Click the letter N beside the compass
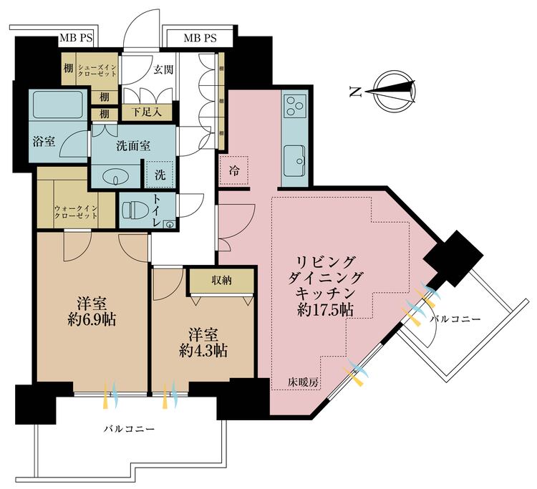coord(355,92)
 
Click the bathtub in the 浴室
coord(57,105)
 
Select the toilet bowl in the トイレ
coord(131,209)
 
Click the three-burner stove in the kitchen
coord(296,106)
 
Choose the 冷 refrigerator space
coord(234,170)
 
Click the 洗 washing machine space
coord(160,174)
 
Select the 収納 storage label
coord(221,281)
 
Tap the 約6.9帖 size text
coord(92,320)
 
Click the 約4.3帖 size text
coord(203,351)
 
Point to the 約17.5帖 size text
coord(325,310)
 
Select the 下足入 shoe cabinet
coord(147,112)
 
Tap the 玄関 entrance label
coord(163,70)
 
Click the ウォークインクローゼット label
coord(76,213)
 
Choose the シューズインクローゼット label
coord(97,69)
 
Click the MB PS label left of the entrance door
coord(76,38)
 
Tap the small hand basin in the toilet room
coord(169,225)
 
